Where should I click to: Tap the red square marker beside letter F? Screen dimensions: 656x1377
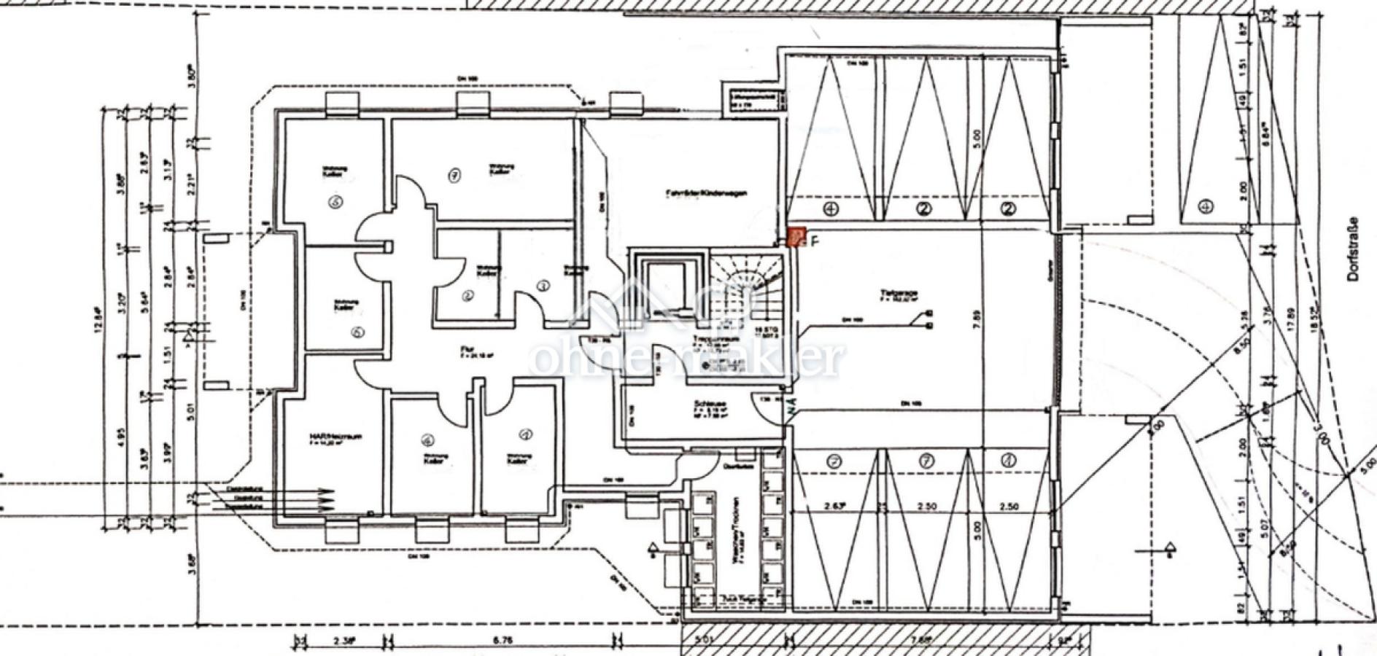[796, 237]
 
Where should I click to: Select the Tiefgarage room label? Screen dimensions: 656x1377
[898, 294]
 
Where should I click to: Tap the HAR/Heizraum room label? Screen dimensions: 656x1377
[335, 437]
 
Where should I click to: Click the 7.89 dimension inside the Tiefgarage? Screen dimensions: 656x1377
[977, 320]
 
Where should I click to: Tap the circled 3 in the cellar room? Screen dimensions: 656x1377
[543, 286]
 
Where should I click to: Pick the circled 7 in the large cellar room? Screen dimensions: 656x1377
[454, 175]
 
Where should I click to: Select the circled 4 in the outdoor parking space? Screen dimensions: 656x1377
[1206, 208]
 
